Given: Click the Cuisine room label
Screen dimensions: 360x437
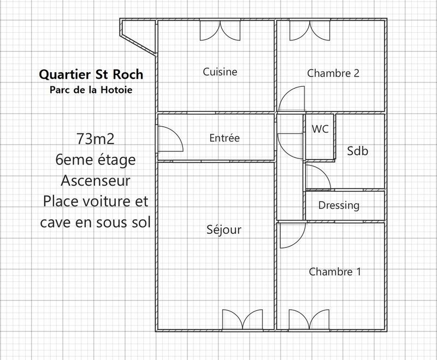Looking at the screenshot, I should tap(220, 72).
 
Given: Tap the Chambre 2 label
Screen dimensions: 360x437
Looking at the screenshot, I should tap(333, 73).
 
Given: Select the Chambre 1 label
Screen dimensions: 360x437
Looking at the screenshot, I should tap(335, 272).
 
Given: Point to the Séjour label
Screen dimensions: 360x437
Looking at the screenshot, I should tap(224, 230).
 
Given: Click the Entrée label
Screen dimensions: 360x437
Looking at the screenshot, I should tap(225, 138).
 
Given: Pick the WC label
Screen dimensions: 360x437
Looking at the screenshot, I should tap(320, 129).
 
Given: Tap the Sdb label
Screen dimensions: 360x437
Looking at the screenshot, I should tap(358, 151).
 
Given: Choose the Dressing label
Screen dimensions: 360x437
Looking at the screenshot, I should tap(339, 205).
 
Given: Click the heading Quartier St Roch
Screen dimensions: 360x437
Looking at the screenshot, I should tap(91, 74).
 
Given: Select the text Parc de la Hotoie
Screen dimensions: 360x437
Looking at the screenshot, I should tap(91, 89).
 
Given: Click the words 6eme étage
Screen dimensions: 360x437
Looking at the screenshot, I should tap(96, 160).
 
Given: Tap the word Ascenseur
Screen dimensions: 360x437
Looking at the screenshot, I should tap(96, 180).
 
